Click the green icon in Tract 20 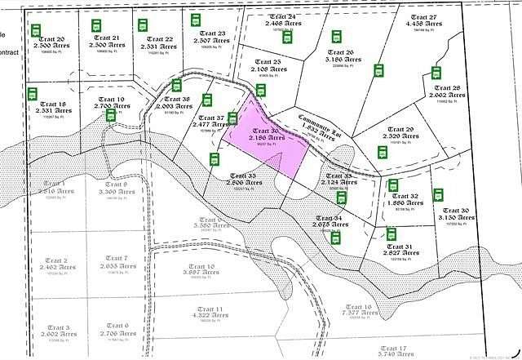[x=36, y=30]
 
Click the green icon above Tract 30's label [x=439, y=194]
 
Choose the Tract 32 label [x=405, y=197]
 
